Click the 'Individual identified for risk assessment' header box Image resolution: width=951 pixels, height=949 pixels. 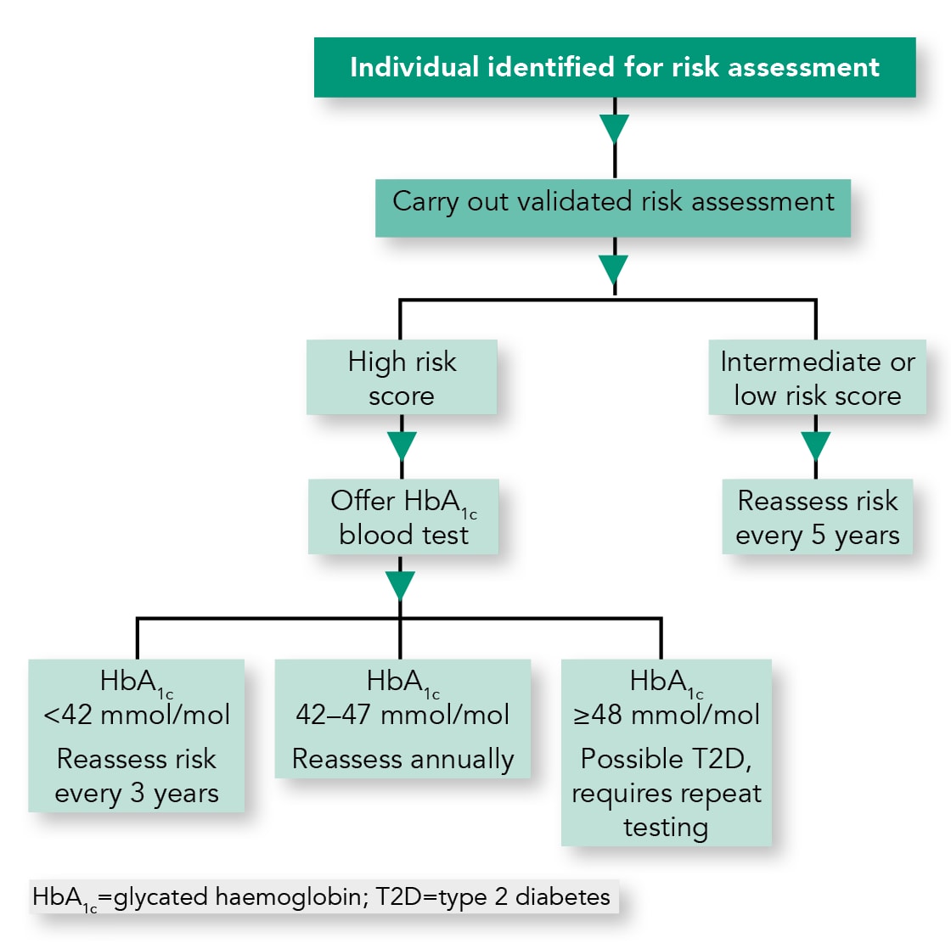click(x=615, y=67)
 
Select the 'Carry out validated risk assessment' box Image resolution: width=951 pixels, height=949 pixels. click(x=613, y=207)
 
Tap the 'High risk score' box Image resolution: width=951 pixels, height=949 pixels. click(x=402, y=378)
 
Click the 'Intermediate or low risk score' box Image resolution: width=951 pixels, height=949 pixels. click(x=817, y=378)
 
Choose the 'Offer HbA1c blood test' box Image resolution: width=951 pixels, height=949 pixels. click(x=402, y=517)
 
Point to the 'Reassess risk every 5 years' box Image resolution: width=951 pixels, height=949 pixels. click(x=817, y=517)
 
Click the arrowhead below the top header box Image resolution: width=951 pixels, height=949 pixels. click(x=614, y=129)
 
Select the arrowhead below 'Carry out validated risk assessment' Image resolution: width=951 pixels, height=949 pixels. click(x=614, y=269)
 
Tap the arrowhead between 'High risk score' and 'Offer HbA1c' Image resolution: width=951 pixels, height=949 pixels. click(x=402, y=446)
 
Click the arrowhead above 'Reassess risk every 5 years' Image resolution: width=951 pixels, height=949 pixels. click(x=816, y=446)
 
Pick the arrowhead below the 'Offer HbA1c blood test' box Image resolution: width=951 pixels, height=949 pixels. click(x=400, y=585)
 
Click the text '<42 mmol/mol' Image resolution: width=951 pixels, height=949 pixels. click(x=137, y=715)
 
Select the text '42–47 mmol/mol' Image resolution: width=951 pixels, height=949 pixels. click(x=402, y=715)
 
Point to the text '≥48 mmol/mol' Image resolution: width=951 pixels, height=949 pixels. click(x=667, y=715)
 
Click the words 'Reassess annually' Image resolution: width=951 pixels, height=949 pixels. click(x=402, y=759)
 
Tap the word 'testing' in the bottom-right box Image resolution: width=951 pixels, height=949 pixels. click(x=666, y=827)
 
